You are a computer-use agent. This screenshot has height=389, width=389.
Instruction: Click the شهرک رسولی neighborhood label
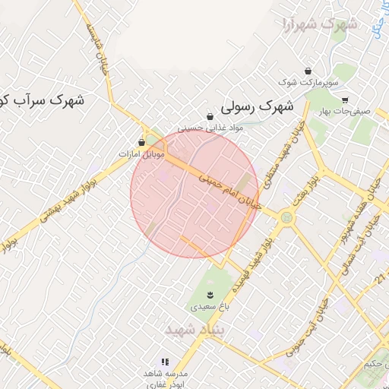(x=258, y=107)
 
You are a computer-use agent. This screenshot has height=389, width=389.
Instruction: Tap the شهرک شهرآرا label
(x=318, y=24)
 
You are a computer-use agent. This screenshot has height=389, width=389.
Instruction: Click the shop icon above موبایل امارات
(x=142, y=142)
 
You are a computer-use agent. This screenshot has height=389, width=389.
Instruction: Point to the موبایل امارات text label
(x=142, y=153)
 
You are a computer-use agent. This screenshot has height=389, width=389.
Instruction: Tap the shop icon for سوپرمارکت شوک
(x=307, y=70)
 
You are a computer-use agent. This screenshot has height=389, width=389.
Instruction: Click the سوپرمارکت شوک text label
(x=306, y=81)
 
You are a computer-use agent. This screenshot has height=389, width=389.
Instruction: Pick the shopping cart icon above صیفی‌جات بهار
(x=345, y=100)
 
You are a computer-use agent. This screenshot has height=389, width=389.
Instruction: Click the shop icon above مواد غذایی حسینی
(x=210, y=116)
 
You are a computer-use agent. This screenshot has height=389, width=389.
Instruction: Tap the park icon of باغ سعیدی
(x=210, y=295)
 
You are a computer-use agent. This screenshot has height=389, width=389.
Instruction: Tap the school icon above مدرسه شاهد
(x=165, y=362)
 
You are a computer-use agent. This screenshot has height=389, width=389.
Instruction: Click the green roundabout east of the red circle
(x=286, y=218)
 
